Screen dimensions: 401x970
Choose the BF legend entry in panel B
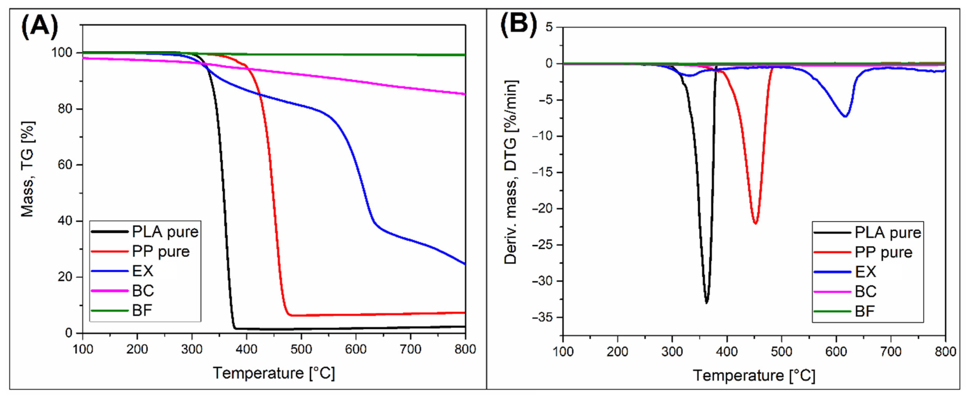tap(864, 311)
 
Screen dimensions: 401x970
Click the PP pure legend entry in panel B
tap(883, 252)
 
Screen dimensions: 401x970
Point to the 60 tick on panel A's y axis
tap(65, 165)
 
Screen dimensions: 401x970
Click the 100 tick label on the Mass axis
tap(61, 53)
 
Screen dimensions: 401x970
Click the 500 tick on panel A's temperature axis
tap(301, 349)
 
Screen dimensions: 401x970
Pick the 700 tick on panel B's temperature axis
tap(890, 352)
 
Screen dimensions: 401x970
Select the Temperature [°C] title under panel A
tap(274, 373)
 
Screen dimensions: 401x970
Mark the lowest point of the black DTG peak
tap(706, 302)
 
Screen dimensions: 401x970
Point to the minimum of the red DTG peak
tap(755, 223)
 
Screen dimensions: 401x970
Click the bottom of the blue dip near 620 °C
tap(845, 116)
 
